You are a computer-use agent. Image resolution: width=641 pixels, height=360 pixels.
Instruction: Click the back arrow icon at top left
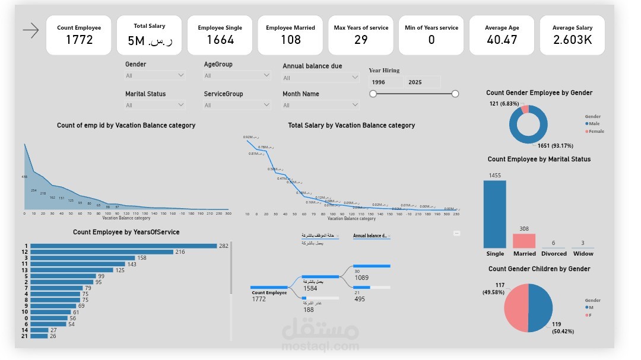coord(31,30)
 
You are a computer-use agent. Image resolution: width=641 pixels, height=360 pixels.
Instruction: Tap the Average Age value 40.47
coord(502,40)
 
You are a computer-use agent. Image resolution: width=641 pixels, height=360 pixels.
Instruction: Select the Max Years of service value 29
coord(361,40)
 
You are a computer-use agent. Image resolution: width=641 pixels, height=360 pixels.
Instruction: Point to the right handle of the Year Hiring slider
coord(455,94)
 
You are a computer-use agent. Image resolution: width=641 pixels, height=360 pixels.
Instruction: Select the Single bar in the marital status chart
coord(495,214)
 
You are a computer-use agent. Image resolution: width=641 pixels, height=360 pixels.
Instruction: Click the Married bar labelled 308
coord(524,241)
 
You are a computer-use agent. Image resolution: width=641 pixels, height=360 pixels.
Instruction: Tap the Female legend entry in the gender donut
coord(595,131)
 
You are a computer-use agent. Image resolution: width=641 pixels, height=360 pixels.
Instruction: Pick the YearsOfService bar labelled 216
coord(101,252)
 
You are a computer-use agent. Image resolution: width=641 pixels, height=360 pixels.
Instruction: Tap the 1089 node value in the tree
coord(362,278)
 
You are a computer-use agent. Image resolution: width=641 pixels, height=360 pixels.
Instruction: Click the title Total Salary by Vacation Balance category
coord(351,125)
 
